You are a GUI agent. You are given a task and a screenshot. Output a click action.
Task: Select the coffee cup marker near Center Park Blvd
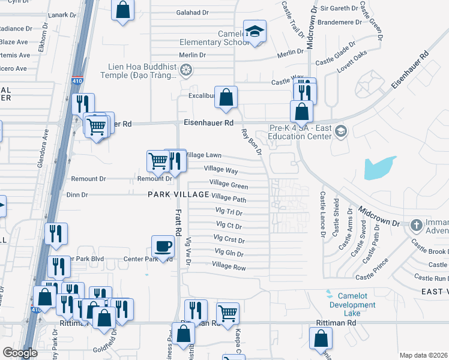pos(163,245)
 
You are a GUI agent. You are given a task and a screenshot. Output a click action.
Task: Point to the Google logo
pos(20,353)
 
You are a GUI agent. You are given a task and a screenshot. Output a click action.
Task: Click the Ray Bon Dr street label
pos(252,142)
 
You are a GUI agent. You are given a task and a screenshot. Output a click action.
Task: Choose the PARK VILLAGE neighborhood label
pos(179,194)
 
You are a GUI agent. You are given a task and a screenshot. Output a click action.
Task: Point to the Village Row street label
pos(229,267)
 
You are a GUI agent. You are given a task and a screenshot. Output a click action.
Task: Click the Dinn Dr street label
pos(77,194)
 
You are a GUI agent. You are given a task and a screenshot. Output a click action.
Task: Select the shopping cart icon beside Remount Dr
pos(157,160)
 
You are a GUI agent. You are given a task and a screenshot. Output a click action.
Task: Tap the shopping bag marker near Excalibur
pos(226,97)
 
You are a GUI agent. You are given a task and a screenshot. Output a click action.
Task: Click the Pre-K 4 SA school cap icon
pos(340,131)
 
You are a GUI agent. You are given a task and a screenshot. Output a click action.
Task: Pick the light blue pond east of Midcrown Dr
pos(379,167)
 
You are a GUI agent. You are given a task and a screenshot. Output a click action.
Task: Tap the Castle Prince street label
pos(373,277)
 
